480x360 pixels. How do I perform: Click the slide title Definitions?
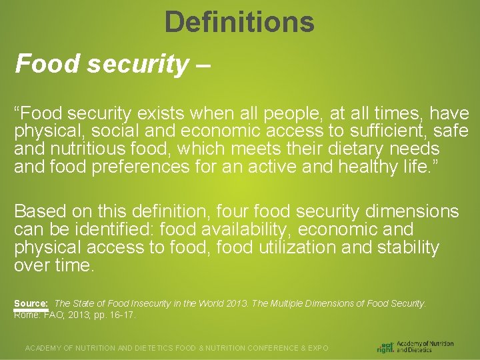pyautogui.click(x=239, y=22)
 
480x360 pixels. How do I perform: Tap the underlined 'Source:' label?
pyautogui.click(x=31, y=303)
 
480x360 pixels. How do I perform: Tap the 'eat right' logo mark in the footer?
pyautogui.click(x=385, y=347)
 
